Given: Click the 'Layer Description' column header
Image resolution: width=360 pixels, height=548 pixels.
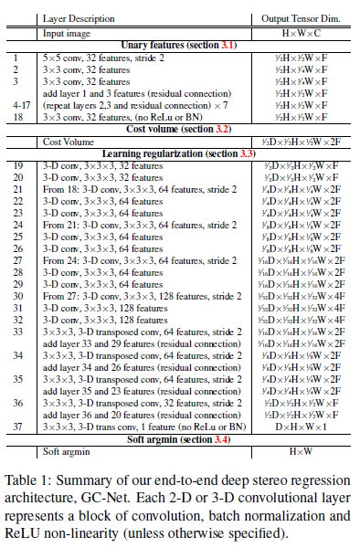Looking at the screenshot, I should (86, 16).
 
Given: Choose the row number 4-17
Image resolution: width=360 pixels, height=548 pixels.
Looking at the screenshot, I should (16, 104).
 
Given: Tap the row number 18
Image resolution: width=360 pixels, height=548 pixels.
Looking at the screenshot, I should (16, 117).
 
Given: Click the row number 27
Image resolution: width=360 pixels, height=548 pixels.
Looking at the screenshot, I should (16, 258).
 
